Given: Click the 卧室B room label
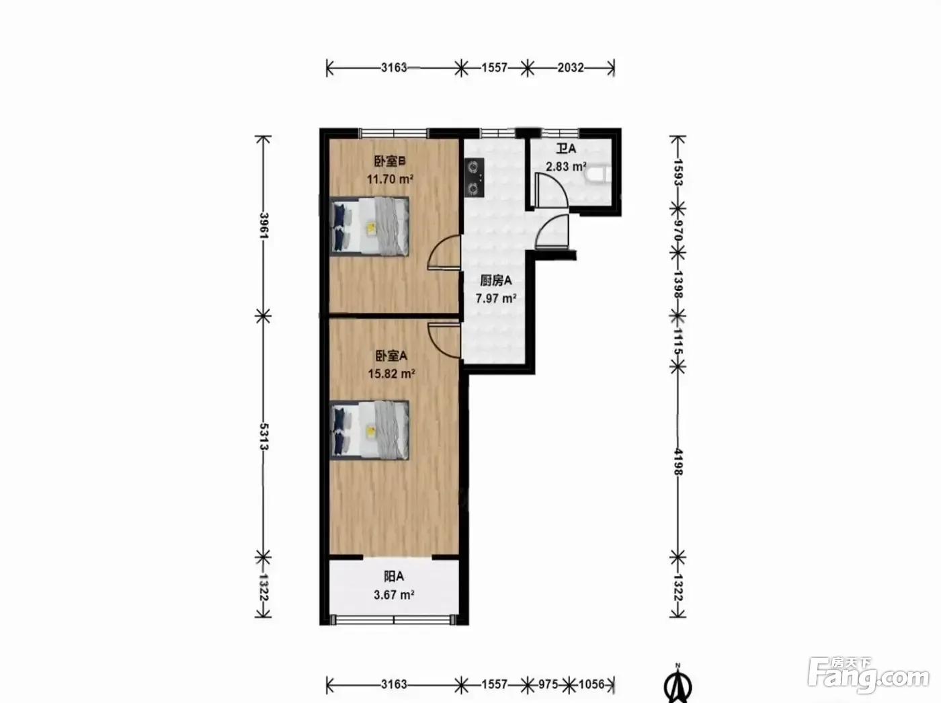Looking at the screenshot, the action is point(390,161).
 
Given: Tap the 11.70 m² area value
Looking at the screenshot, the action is point(390,179).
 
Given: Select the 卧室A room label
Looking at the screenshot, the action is point(391,356).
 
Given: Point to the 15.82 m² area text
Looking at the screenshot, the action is point(391,374).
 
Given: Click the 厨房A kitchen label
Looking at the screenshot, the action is point(495,281).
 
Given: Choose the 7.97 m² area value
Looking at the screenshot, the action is point(496,298).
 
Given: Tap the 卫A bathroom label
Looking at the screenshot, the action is point(566,149).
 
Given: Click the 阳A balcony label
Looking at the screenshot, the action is point(394,577).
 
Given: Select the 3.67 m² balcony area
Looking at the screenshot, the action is point(394,595).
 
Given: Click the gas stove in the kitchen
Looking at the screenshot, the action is point(475,178).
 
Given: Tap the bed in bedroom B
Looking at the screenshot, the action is point(369,226).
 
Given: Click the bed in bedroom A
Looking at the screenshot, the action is point(369,430).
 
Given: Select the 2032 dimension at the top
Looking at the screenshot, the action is point(571,68).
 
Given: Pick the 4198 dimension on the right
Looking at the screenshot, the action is point(678,462).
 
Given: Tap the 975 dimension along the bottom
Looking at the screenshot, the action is point(548,685).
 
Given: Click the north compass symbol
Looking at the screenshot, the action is point(678,685).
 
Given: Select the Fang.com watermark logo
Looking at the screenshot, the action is point(868,676).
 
